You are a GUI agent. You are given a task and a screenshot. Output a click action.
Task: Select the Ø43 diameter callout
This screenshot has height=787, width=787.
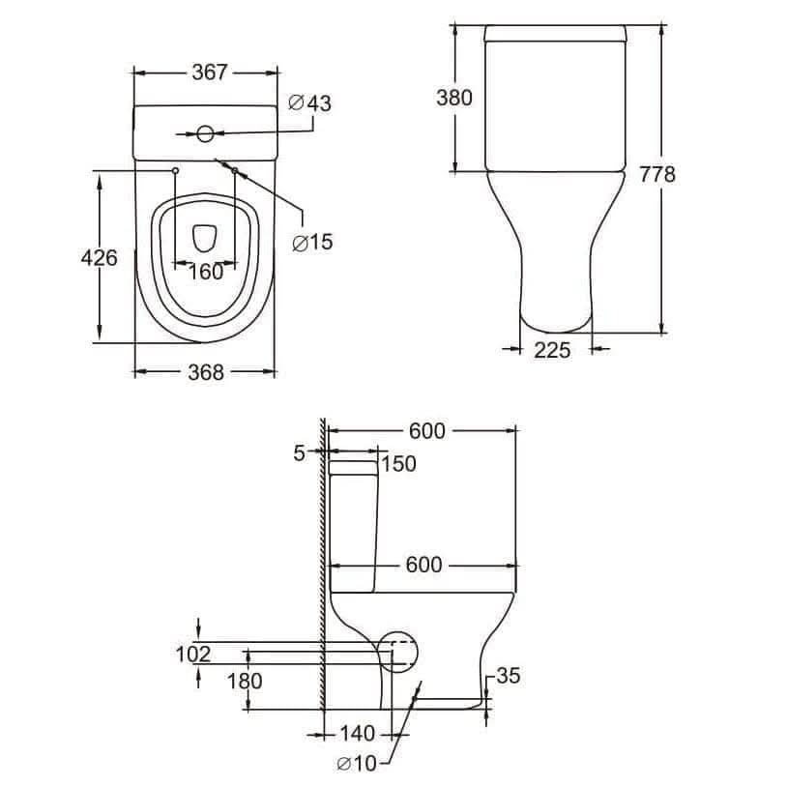pos(310,102)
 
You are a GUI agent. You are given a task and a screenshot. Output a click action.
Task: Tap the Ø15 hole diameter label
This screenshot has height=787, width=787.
pos(310,242)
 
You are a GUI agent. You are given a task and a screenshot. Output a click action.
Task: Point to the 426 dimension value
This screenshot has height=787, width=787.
pos(100,257)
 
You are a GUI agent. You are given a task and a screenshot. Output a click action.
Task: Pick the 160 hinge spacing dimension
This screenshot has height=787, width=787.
pos(205,272)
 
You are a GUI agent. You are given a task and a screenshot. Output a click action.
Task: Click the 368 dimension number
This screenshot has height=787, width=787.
pos(205,372)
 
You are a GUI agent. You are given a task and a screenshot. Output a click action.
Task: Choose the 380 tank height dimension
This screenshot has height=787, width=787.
pos(453,98)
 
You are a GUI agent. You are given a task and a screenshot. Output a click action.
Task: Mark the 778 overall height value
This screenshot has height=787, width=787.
pos(657,174)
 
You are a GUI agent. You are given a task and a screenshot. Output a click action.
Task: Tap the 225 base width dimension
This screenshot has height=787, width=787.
pos(552,350)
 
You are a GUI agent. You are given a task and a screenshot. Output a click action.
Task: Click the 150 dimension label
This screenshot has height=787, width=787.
pos(398,464)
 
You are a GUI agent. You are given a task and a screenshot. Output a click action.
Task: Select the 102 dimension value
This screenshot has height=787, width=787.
pos(192,655)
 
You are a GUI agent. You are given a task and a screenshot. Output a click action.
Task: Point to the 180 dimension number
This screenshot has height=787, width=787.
pos(244,680)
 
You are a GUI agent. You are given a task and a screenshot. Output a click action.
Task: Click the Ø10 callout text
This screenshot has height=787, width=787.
pos(357,764)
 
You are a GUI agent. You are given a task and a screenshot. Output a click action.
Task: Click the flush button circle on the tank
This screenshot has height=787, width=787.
pos(205,133)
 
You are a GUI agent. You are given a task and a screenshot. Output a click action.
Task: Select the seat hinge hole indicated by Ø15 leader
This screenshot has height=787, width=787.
pos(235,170)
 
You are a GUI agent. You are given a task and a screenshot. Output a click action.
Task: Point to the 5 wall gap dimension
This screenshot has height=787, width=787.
pos(299,452)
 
